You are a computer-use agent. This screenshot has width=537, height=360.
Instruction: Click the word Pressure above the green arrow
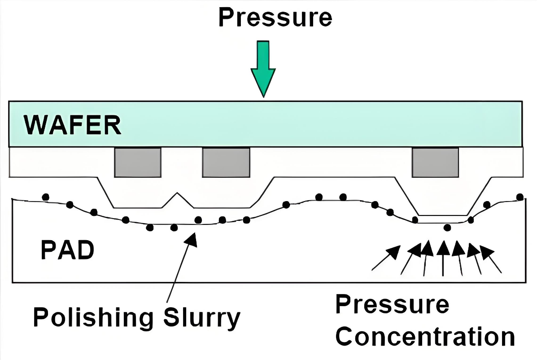click(275, 17)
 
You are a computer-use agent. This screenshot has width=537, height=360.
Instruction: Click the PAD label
click(68, 250)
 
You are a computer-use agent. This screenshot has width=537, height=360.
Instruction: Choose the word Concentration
click(425, 336)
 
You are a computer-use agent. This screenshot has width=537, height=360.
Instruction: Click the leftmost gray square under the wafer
click(138, 162)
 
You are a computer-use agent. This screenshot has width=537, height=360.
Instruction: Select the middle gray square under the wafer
click(226, 162)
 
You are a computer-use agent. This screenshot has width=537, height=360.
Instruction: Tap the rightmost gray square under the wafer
click(435, 162)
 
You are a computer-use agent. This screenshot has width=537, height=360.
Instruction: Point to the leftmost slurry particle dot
click(45, 197)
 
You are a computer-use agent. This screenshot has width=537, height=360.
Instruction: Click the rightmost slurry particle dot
click(520, 197)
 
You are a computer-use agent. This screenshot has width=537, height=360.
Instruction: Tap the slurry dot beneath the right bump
click(447, 228)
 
